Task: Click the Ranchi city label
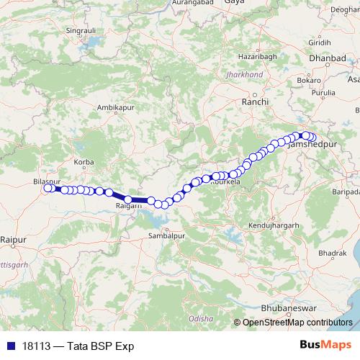coord(255,103)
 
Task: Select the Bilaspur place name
coord(47,181)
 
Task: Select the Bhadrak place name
coord(330,253)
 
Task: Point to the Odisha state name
coord(201,317)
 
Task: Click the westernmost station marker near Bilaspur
coord(48,189)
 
